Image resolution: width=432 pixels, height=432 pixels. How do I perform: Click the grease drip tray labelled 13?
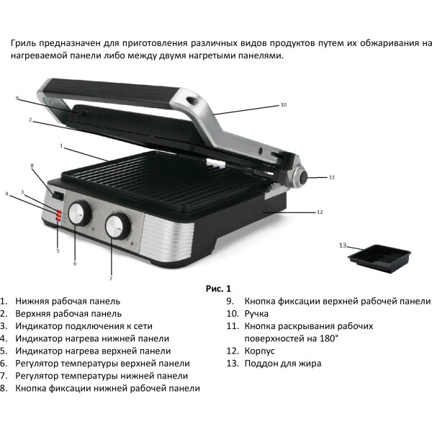pos(379,258)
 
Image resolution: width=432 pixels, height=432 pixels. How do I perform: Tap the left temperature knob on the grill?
pos(80,214)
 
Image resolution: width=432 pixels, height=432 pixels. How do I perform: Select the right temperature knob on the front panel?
pos(118,227)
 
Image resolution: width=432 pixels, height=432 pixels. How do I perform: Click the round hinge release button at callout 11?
pos(300,177)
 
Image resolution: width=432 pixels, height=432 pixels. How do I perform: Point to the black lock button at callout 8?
pos(58,195)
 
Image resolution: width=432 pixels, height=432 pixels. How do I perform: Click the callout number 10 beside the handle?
pos(284,104)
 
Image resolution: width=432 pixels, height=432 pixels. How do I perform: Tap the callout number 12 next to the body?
pos(320,212)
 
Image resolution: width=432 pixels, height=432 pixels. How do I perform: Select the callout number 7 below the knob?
pos(111,279)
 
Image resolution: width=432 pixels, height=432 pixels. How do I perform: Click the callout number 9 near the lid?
pos(17,99)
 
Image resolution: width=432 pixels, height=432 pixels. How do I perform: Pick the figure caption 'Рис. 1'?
pos(218,289)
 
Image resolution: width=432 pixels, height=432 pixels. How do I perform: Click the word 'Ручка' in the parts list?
pos(256,314)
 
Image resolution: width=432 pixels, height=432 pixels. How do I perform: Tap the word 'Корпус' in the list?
pos(259,351)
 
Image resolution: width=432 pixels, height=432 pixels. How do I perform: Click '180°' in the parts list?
pos(329,338)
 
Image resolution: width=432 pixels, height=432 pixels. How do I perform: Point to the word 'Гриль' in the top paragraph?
pos(24,43)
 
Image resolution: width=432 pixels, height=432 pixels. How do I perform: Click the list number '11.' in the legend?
pos(233,326)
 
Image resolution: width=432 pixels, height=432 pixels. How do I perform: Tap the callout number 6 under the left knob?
pos(75,264)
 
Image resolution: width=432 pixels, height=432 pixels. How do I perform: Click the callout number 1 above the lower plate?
pos(61,145)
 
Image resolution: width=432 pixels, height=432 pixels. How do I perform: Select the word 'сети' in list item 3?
pos(143,326)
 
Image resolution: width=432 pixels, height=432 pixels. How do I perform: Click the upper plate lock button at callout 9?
pos(81,113)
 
